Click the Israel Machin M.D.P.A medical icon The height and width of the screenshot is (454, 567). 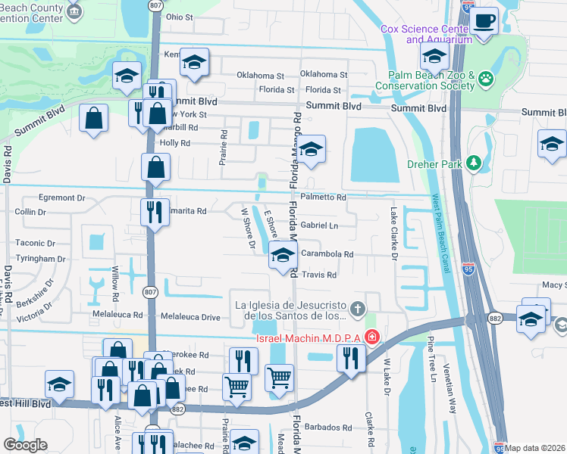(x=371, y=336)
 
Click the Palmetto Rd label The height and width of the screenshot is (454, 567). (x=323, y=197)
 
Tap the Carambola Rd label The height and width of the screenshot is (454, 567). (x=327, y=254)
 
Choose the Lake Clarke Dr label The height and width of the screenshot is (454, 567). (x=394, y=234)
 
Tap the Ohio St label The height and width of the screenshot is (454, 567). (x=180, y=16)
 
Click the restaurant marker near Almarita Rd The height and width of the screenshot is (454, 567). (x=155, y=211)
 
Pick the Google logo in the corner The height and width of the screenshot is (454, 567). (x=25, y=444)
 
